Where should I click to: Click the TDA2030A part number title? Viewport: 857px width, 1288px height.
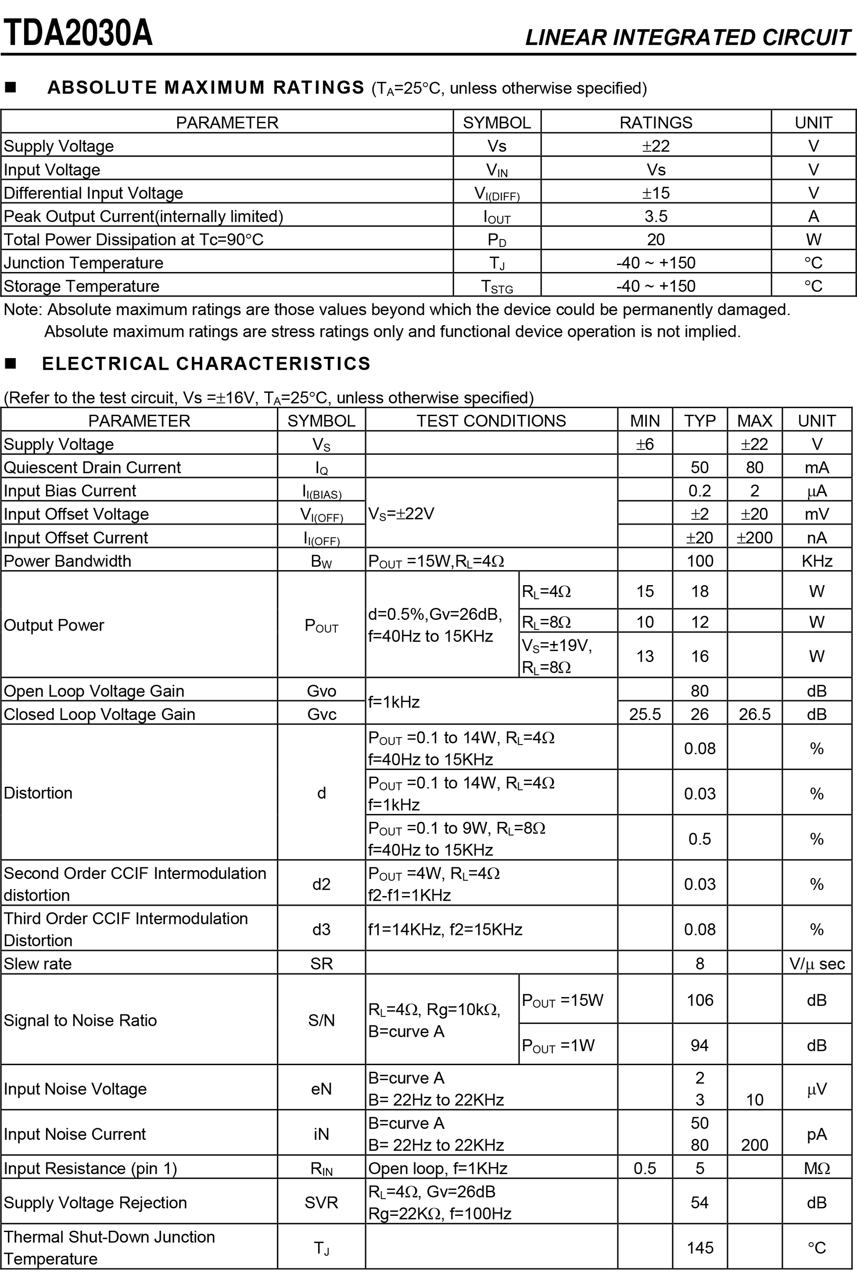[x=78, y=33]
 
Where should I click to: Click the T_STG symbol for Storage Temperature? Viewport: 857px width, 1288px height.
[x=496, y=286]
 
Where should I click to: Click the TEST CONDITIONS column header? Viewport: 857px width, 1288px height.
[x=491, y=421]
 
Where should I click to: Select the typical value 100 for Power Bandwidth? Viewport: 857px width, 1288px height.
[x=700, y=561]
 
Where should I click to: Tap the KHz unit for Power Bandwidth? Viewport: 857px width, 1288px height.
[x=817, y=561]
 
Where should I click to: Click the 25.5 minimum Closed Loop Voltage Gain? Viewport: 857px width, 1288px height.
[x=645, y=714]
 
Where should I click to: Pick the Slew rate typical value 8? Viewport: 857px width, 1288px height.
[x=700, y=963]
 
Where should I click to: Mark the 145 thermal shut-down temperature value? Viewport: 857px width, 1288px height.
[x=700, y=1248]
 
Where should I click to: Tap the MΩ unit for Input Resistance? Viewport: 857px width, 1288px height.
[x=817, y=1168]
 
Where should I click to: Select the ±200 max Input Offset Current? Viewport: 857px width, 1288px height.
[x=754, y=538]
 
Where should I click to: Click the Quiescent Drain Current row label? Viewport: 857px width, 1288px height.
[x=92, y=467]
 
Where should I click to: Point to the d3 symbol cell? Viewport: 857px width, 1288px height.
[x=322, y=929]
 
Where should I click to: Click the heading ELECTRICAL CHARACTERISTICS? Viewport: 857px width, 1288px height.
[x=206, y=364]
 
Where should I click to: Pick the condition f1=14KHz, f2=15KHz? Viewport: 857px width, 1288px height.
[x=445, y=929]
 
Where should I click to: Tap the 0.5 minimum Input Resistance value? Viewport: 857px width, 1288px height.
[x=645, y=1168]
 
